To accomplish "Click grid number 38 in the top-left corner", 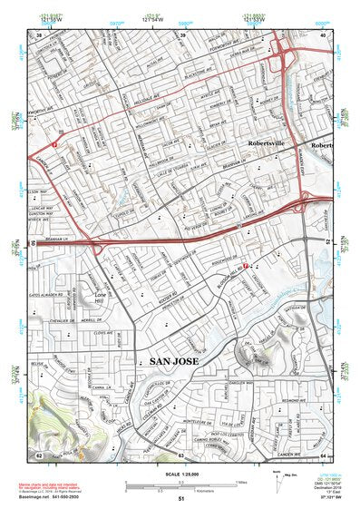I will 40,34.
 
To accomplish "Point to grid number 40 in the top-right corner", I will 322,34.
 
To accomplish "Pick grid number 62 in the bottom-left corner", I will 39,453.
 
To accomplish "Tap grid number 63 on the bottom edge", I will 181,453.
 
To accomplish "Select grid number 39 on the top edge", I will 183,34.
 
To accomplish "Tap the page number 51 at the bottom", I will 181,498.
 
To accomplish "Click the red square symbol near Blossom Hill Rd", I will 248,266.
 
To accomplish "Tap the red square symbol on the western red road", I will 56,144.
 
